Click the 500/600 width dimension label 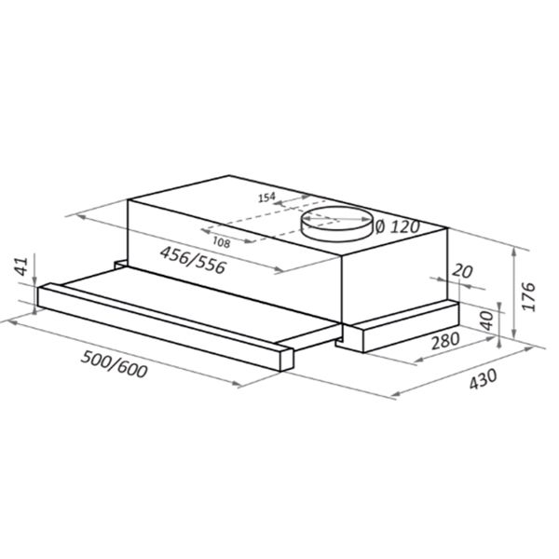(114, 364)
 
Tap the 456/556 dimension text (193, 260)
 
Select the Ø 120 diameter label (398, 226)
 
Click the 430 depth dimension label (483, 379)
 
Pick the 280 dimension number (445, 341)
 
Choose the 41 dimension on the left (22, 266)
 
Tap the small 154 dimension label (267, 198)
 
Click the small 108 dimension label (221, 243)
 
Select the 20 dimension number (462, 272)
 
